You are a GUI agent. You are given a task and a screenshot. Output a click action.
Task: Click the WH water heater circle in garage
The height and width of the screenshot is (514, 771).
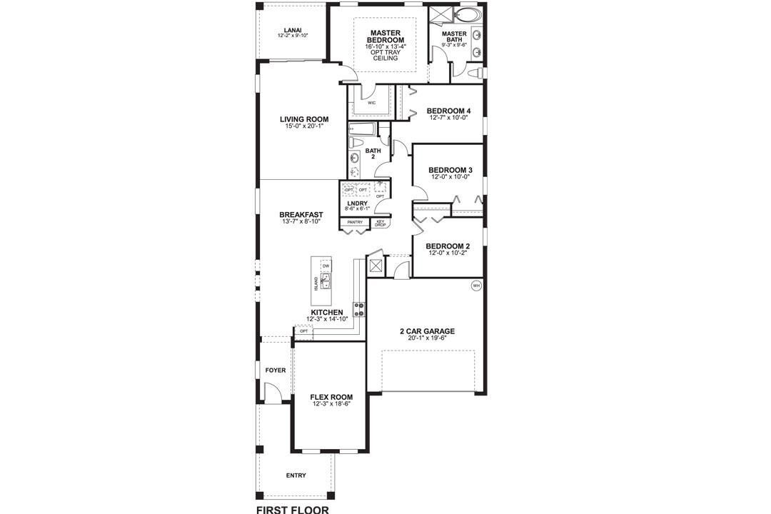click(475, 286)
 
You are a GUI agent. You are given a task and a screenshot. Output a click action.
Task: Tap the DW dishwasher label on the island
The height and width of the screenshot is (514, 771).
click(326, 266)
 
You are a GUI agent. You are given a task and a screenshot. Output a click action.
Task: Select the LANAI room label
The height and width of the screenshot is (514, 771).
click(292, 30)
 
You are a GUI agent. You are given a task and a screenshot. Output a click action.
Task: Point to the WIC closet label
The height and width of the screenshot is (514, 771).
click(372, 103)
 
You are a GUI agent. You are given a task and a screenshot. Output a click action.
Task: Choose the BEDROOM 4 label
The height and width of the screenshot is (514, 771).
click(449, 111)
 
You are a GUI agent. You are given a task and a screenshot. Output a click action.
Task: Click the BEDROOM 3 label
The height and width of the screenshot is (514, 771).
click(450, 170)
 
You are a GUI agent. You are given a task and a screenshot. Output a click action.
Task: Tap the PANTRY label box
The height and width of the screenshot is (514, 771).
click(355, 222)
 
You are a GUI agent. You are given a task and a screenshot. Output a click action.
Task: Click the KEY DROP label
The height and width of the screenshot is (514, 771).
click(381, 223)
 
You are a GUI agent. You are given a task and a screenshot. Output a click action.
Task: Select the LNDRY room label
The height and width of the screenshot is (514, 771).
click(357, 203)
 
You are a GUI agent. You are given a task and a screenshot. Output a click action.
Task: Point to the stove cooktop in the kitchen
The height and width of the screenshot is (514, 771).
click(359, 309)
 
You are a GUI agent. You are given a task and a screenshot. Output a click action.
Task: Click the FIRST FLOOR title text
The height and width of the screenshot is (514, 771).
click(292, 510)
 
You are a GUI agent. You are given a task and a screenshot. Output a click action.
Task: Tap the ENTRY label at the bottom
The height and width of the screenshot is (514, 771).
click(296, 475)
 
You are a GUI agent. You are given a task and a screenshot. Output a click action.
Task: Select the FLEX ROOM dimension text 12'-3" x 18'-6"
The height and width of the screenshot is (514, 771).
click(331, 404)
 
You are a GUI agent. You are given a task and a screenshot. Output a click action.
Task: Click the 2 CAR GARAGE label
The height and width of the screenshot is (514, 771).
click(427, 331)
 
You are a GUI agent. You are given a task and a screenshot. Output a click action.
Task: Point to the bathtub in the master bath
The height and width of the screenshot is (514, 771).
click(470, 16)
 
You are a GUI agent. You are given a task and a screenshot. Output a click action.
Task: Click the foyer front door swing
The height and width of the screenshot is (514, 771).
click(271, 391)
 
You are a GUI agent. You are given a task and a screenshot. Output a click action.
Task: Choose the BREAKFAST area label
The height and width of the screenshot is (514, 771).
click(301, 214)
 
